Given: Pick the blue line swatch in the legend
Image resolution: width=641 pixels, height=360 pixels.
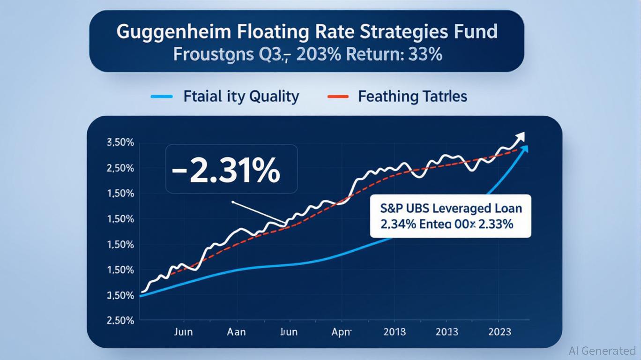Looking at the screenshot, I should point(162,97).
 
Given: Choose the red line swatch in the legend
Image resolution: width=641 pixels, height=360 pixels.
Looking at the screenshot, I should point(337,97).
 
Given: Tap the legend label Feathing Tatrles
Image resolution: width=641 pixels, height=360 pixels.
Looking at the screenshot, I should point(412,97).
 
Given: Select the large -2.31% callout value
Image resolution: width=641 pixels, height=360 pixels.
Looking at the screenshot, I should point(226,171).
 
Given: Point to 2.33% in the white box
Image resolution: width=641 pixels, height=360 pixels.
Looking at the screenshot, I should point(497,224).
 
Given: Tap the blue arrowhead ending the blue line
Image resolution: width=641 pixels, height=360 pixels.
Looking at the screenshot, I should point(524,149).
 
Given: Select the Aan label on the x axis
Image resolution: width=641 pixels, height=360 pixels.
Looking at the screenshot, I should point(236,332).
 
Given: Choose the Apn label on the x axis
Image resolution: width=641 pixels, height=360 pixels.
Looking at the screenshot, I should point(342,332).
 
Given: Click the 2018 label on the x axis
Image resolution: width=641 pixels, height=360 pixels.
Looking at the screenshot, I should point(395,332).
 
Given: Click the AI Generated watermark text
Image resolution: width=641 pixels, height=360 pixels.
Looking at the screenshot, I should point(602,351).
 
